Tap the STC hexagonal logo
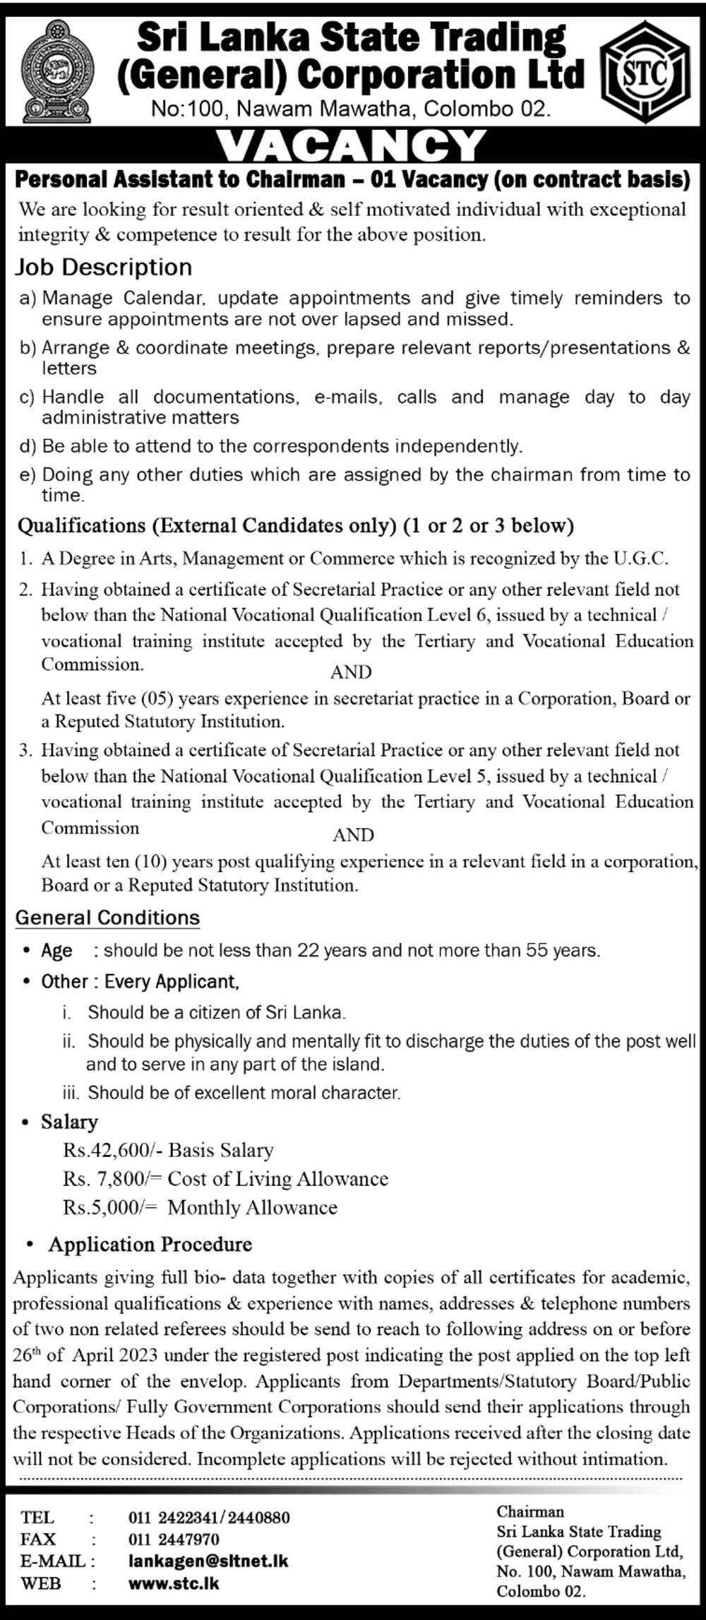[645, 72]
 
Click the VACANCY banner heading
[352, 146]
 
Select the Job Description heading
[104, 267]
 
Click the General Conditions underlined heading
[107, 918]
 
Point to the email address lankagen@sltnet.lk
[208, 1561]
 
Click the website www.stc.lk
[174, 1583]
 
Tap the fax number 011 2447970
[174, 1539]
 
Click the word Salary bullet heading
[69, 1122]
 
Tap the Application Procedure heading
[150, 1244]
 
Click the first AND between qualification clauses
[351, 672]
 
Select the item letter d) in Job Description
[28, 446]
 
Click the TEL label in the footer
[38, 1517]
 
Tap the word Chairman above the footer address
[530, 1511]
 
